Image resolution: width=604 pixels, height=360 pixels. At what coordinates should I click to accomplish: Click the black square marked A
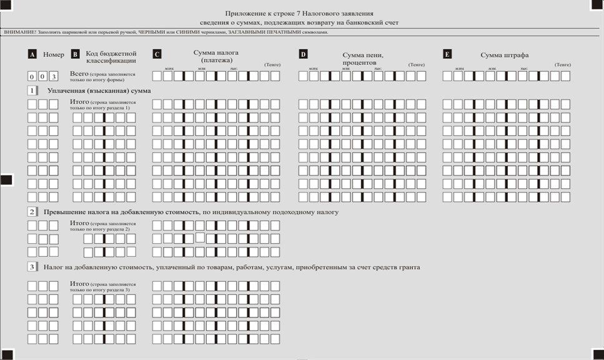[x=32, y=54]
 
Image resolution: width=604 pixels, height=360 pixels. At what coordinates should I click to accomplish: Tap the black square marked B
[x=76, y=54]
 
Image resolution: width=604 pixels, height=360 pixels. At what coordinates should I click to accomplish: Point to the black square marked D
[x=303, y=54]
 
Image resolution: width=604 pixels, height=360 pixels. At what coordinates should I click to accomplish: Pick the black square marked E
[x=447, y=54]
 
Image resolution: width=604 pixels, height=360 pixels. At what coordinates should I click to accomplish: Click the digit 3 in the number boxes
[x=54, y=76]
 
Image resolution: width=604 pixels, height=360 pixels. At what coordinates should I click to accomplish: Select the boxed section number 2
[x=32, y=212]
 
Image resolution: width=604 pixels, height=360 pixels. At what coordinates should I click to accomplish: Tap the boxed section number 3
[x=32, y=267]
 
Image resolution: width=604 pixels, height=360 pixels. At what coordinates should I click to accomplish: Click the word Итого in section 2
[x=79, y=222]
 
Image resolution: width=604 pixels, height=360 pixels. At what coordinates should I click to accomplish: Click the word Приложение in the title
[x=247, y=12]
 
